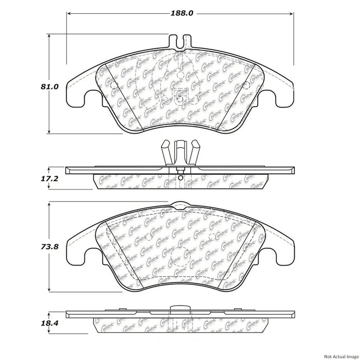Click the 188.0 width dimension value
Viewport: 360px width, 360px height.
point(182,13)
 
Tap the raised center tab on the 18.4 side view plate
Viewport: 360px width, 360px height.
point(180,309)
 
